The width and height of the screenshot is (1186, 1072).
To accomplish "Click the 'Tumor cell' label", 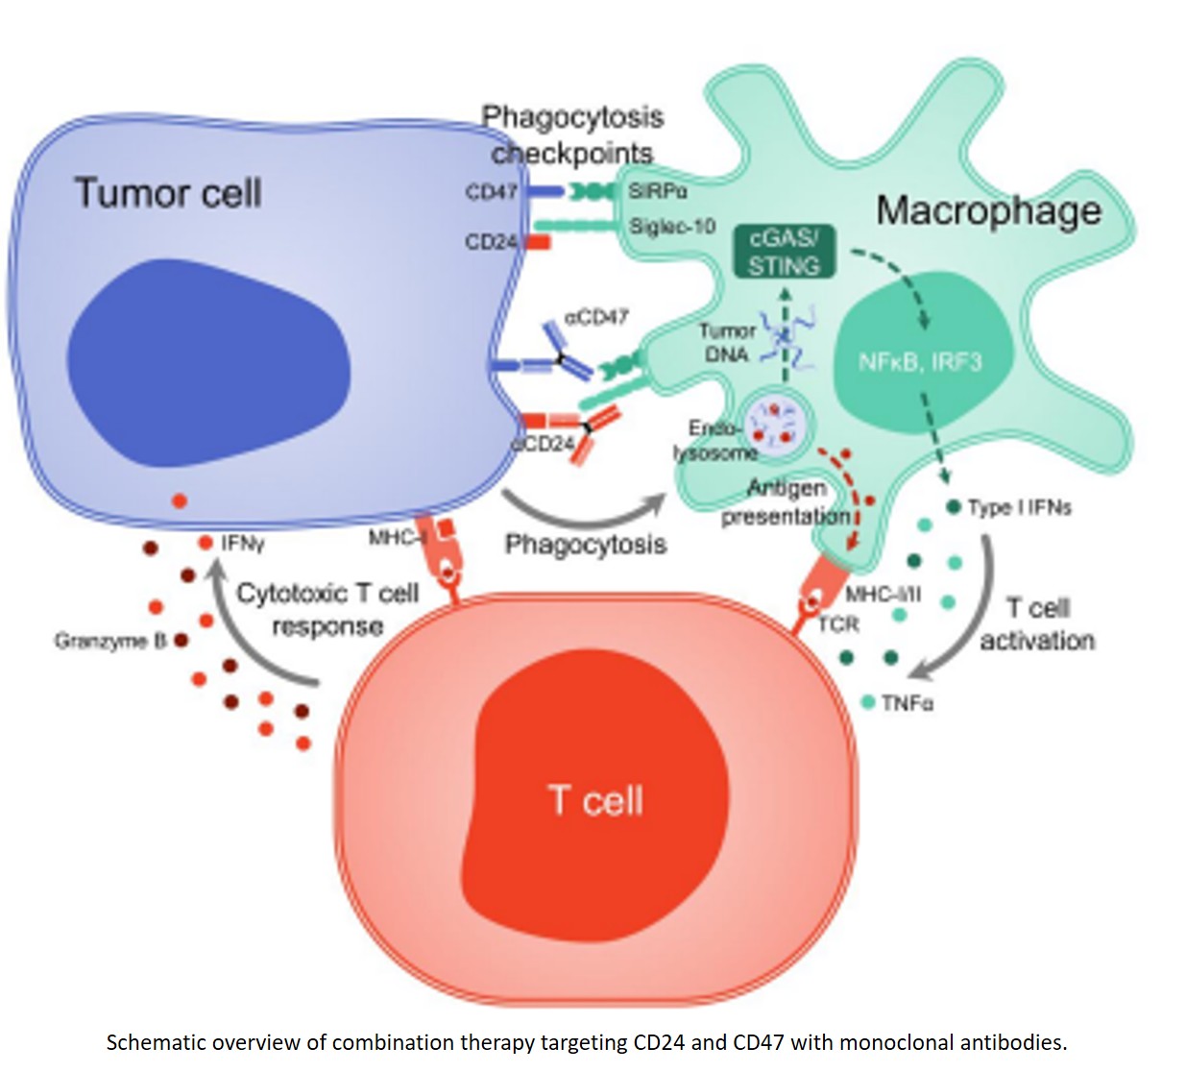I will pyautogui.click(x=168, y=193).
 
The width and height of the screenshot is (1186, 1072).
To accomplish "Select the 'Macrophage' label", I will pyautogui.click(x=988, y=210).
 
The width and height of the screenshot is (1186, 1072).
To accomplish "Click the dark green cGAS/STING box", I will pyautogui.click(x=784, y=252).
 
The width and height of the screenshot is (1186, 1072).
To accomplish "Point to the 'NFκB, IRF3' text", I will pyautogui.click(x=919, y=362).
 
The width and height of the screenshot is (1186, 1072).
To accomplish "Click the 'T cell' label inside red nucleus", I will pyautogui.click(x=595, y=800).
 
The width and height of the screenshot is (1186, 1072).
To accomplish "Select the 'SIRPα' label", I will pyautogui.click(x=658, y=191).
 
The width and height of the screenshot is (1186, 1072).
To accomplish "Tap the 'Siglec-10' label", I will pyautogui.click(x=672, y=226).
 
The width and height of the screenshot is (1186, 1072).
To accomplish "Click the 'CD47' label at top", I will pyautogui.click(x=491, y=192).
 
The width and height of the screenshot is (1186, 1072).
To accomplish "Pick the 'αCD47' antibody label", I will pyautogui.click(x=595, y=316).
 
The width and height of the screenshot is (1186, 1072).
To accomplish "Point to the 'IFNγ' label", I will pyautogui.click(x=242, y=544).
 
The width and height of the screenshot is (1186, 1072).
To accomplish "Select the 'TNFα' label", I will pyautogui.click(x=907, y=703).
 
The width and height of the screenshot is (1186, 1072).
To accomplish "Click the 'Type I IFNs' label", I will pyautogui.click(x=1019, y=507).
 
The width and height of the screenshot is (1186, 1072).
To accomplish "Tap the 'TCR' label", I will pyautogui.click(x=838, y=624).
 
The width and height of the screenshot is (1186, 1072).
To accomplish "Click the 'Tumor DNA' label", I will pyautogui.click(x=727, y=342).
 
